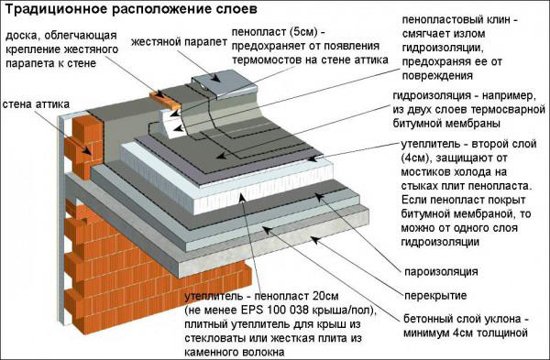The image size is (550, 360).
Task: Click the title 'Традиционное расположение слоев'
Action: [x=130, y=10]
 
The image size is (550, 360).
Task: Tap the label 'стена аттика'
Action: [x=36, y=104]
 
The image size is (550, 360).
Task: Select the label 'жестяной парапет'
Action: [x=180, y=42]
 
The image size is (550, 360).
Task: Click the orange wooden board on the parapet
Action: [x=165, y=100]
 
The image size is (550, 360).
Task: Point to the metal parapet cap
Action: [x=225, y=84]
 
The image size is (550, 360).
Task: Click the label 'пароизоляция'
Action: [x=441, y=272]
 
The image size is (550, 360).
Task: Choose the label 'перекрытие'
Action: [x=435, y=296]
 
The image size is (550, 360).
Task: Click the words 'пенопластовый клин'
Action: [x=456, y=19]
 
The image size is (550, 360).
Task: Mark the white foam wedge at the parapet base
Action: [x=171, y=124]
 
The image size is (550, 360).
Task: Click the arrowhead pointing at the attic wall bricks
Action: [x=86, y=151]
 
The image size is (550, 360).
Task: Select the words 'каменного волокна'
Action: [x=235, y=352]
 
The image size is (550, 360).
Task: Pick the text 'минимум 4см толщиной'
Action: [x=466, y=333]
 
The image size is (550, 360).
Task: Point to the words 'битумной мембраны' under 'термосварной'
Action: [x=446, y=124]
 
